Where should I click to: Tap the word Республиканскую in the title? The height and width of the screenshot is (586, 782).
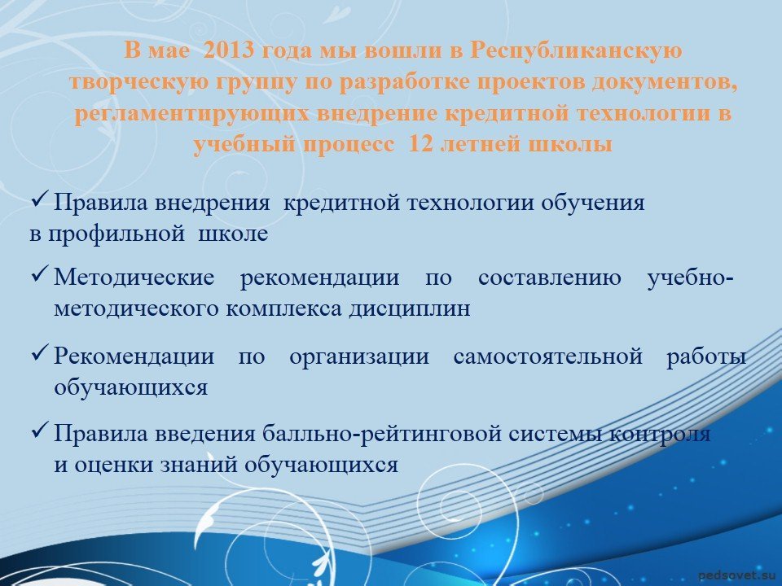(x=576, y=51)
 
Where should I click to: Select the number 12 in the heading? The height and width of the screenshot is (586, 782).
(x=420, y=144)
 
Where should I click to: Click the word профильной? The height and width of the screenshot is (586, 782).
(x=116, y=234)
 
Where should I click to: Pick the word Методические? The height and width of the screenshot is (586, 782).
(x=134, y=277)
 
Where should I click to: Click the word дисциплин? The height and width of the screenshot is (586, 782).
(x=410, y=309)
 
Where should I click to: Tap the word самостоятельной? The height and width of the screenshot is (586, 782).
(x=548, y=356)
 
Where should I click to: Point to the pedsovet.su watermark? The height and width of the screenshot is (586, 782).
(x=740, y=575)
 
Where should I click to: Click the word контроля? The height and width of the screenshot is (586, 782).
(x=661, y=434)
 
